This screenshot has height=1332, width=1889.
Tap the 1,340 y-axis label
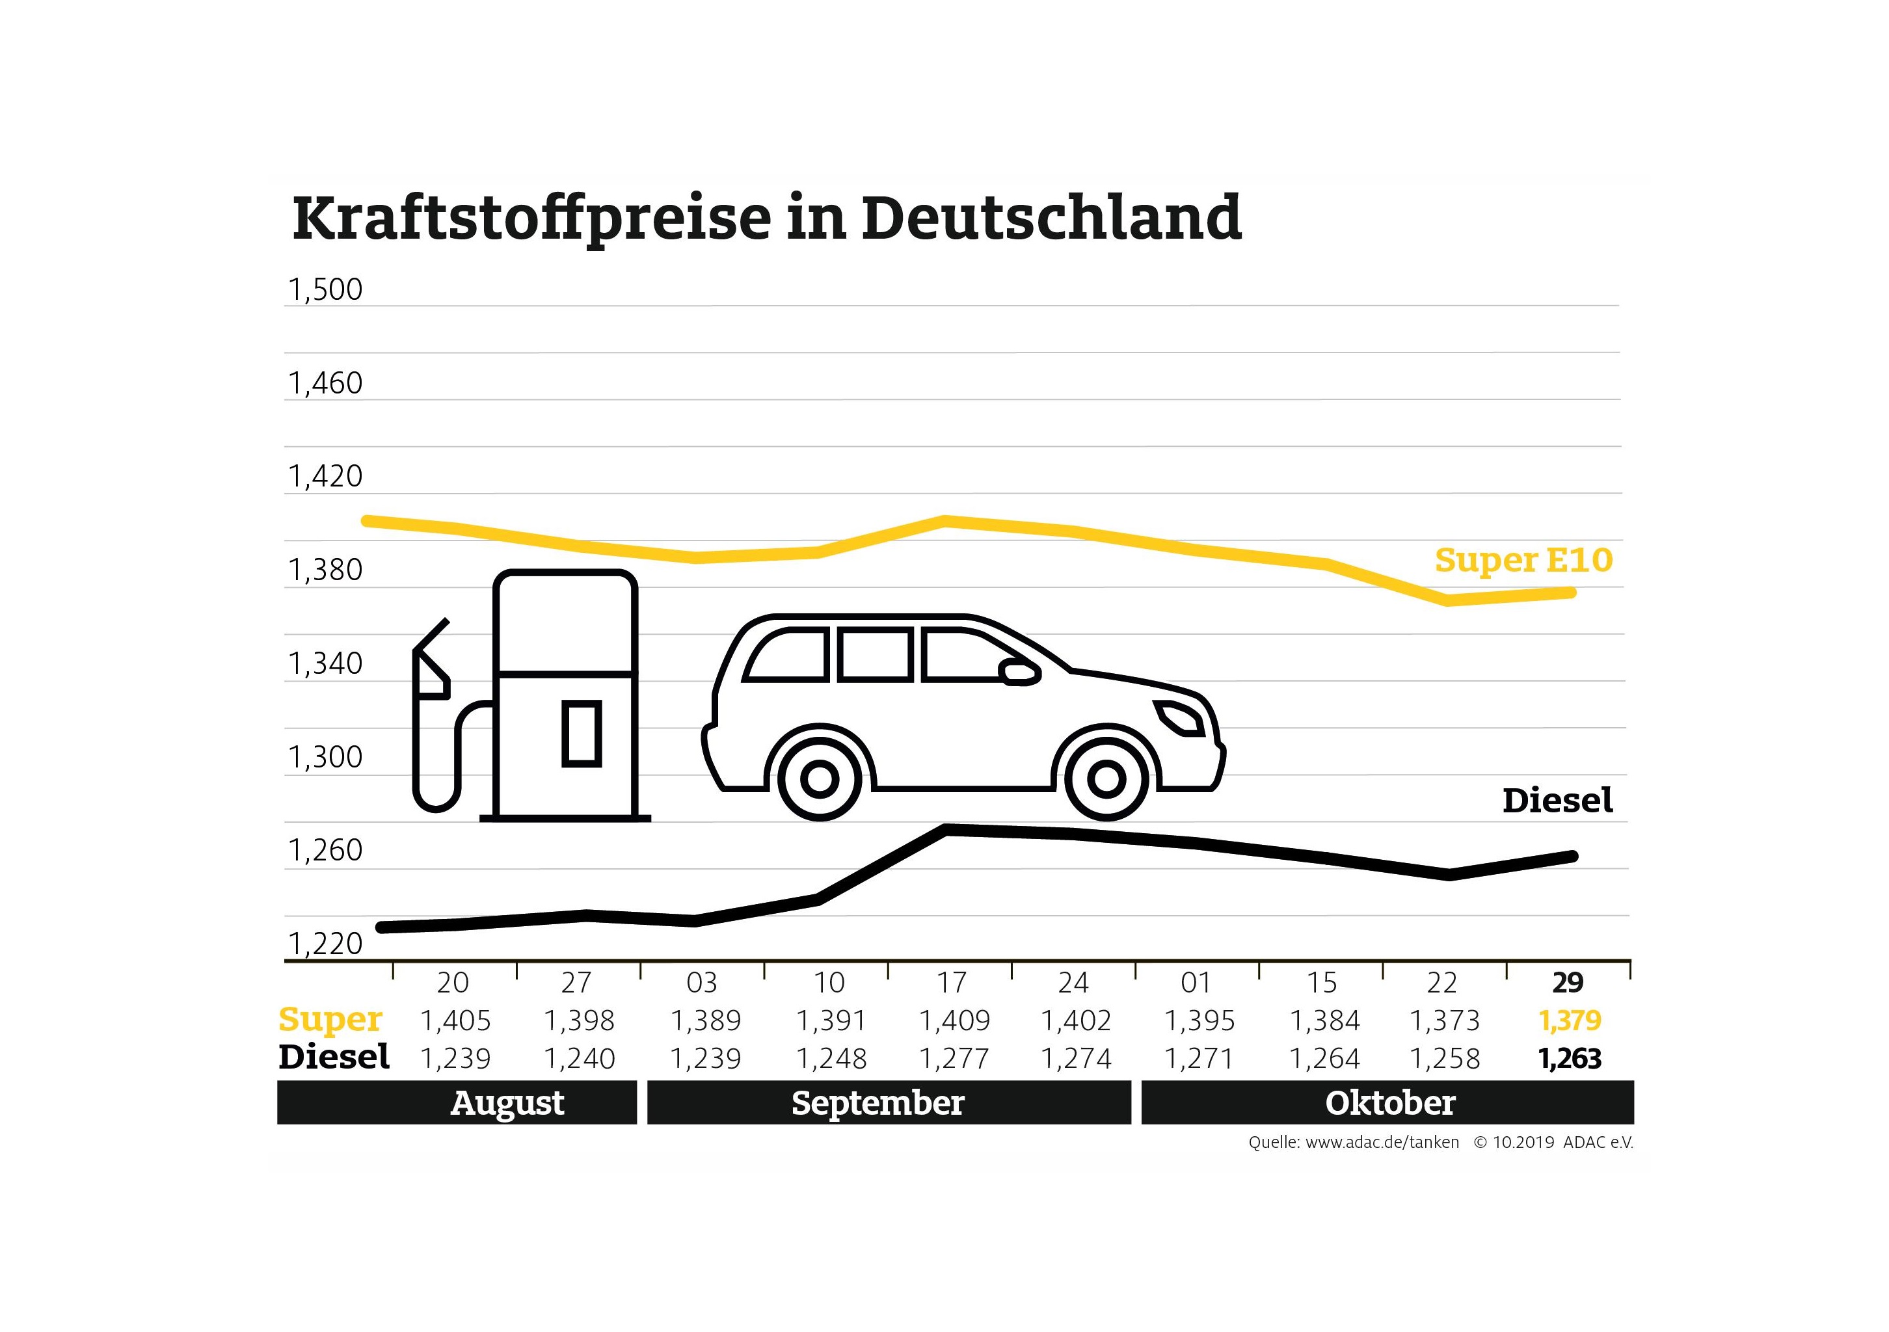tap(325, 664)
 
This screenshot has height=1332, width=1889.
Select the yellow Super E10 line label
tap(1523, 560)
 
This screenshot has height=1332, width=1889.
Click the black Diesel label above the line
tap(1557, 801)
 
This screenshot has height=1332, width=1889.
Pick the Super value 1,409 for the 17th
tap(954, 1021)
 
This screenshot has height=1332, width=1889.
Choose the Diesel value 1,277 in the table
tap(954, 1059)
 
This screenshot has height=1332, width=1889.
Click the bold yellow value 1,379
tap(1570, 1021)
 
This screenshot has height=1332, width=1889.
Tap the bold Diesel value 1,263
tap(1570, 1059)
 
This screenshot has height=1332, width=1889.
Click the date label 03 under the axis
tap(702, 982)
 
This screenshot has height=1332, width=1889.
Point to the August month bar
tap(457, 1103)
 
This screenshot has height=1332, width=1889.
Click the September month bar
tap(889, 1103)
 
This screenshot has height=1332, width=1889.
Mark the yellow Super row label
tap(330, 1019)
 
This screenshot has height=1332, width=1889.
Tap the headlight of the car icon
tap(1181, 717)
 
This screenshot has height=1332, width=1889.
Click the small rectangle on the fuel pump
tap(582, 733)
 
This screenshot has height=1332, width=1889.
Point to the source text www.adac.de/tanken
tap(1382, 1143)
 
